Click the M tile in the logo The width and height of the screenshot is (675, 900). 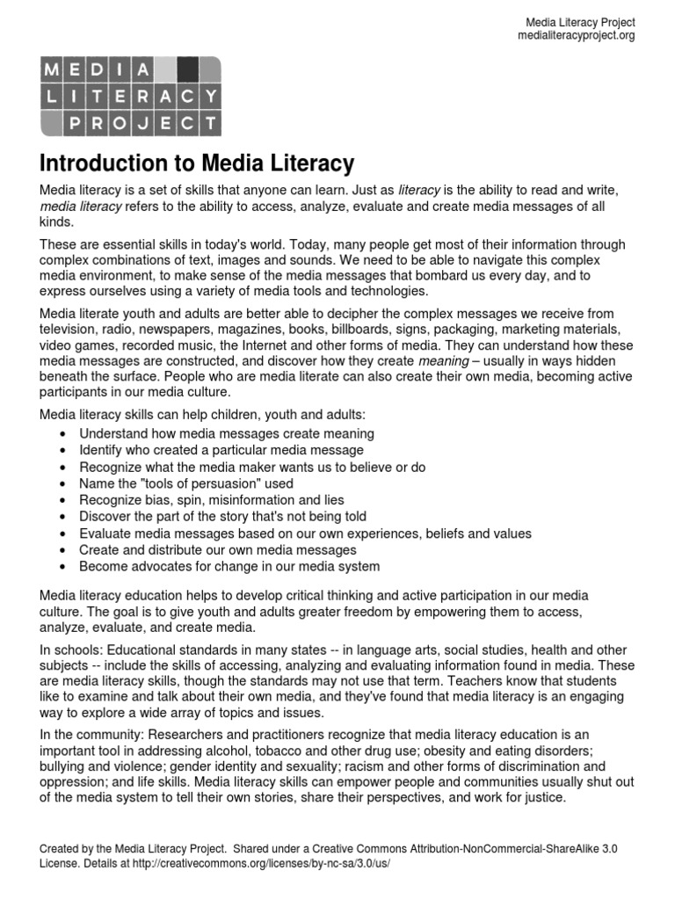tap(54, 69)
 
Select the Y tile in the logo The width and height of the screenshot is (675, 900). tap(208, 96)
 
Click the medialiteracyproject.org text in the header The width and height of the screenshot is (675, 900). tap(576, 36)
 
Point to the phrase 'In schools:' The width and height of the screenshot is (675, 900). tap(73, 650)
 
